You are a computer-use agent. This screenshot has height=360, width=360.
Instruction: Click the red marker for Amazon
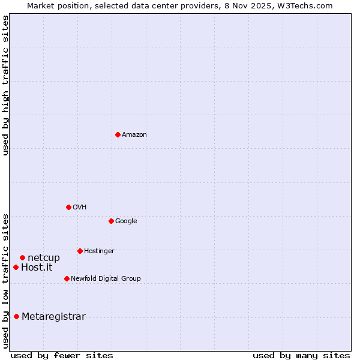[x=118, y=134]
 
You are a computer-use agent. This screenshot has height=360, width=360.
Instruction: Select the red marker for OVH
[x=68, y=207]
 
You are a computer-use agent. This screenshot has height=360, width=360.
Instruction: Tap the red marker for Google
[x=111, y=221]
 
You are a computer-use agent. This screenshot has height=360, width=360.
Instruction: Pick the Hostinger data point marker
[x=80, y=251]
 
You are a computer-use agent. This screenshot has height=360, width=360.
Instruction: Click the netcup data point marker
[x=22, y=257]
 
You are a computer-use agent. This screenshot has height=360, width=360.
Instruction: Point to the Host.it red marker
[x=16, y=267]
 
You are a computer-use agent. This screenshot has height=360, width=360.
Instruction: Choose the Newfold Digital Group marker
[x=67, y=278]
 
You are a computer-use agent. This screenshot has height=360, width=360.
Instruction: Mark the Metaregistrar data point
[x=16, y=316]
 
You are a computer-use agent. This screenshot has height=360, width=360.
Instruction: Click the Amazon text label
[x=134, y=135]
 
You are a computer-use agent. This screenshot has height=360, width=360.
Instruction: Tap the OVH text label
[x=80, y=208]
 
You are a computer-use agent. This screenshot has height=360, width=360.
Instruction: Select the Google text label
[x=126, y=221]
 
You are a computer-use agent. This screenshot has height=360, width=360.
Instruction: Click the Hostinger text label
[x=99, y=251]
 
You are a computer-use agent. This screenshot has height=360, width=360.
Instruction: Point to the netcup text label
[x=44, y=258]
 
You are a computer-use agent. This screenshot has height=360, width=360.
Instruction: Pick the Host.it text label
[x=37, y=268]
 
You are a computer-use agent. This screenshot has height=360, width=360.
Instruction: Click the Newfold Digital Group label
[x=106, y=279]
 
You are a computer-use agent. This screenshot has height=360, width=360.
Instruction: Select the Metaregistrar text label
[x=53, y=317]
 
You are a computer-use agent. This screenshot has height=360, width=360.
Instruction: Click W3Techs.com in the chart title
[x=307, y=5]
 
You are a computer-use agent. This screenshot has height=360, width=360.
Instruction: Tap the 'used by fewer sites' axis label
[x=62, y=355]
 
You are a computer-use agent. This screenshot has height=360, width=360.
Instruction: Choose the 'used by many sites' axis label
[x=301, y=355]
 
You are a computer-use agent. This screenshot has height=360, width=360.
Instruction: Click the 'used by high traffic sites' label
[x=5, y=85]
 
